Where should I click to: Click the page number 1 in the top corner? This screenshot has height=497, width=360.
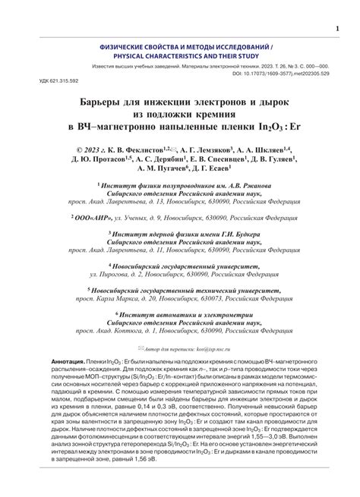click(337, 30)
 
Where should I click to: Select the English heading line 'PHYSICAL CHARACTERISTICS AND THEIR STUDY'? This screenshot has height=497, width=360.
click(179, 56)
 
